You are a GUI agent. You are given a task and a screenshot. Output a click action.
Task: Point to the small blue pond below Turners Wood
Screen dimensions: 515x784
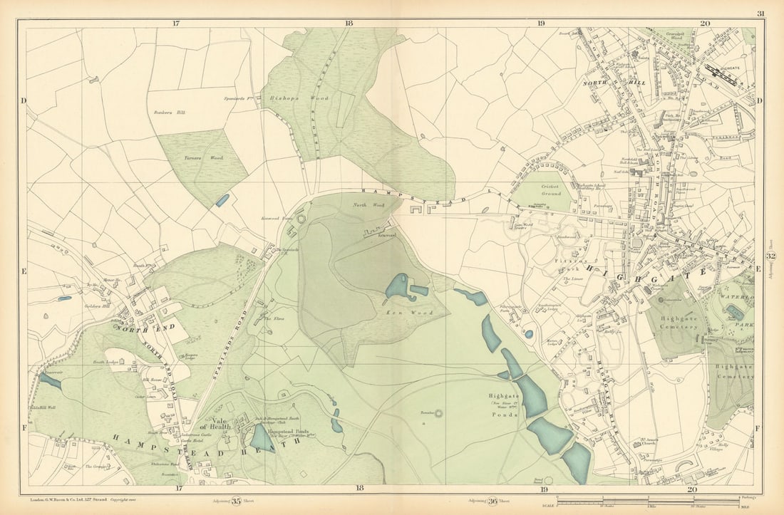click(222, 200)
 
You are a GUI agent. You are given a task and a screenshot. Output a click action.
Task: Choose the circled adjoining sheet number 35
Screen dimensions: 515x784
click(235, 501)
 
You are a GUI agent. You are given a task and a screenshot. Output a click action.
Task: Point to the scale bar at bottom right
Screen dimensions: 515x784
click(655, 502)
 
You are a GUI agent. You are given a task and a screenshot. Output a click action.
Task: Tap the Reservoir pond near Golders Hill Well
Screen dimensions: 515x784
click(50, 382)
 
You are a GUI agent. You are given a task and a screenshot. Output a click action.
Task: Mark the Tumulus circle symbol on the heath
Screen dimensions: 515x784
click(438, 413)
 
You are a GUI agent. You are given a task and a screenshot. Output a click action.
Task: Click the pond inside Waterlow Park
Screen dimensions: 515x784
click(736, 313)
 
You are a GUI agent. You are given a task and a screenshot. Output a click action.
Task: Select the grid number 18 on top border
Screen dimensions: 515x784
click(348, 24)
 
